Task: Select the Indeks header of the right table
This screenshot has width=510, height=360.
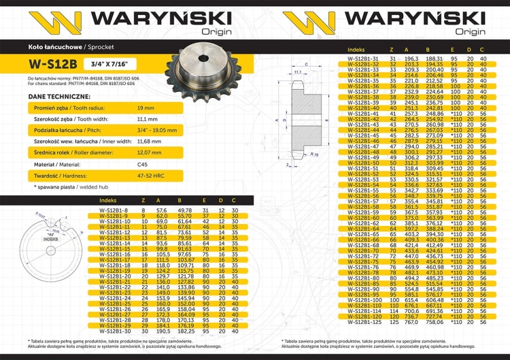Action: click(x=356, y=50)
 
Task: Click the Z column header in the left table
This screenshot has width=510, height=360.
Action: click(x=143, y=201)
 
